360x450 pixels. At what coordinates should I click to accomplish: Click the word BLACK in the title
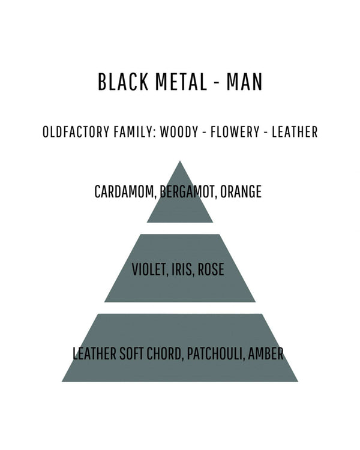click(x=123, y=82)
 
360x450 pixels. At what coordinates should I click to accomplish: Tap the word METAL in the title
click(x=181, y=82)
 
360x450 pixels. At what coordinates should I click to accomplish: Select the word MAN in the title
click(x=244, y=82)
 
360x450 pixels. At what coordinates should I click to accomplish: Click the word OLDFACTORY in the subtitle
click(x=76, y=132)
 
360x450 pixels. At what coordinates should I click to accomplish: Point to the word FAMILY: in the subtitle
click(x=134, y=132)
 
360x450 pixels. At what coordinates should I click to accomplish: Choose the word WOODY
click(x=179, y=132)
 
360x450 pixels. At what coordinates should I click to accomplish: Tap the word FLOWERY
click(x=235, y=132)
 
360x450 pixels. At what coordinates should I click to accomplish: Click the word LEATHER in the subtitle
click(x=295, y=132)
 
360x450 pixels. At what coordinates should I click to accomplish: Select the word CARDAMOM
click(x=125, y=192)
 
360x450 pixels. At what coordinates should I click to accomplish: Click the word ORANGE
click(x=241, y=191)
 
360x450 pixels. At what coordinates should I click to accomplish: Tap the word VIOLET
click(x=149, y=269)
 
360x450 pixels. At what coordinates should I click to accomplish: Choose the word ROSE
click(x=211, y=269)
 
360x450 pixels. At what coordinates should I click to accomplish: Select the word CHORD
click(x=165, y=353)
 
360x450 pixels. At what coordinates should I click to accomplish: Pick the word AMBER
click(x=266, y=353)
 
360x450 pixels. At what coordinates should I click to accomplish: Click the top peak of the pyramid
click(x=180, y=161)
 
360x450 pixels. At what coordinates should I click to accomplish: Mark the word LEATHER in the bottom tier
click(x=94, y=353)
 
